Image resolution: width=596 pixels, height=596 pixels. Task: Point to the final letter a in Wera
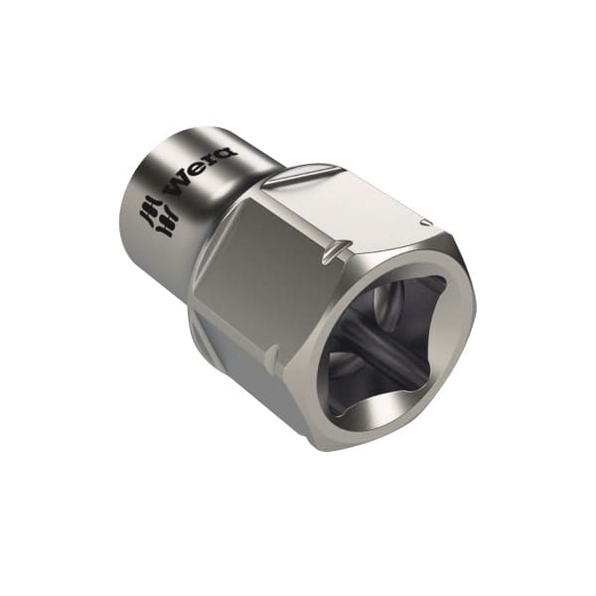click(227, 152)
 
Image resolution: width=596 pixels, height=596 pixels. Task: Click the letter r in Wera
click(215, 160)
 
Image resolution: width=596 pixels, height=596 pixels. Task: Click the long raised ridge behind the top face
click(300, 176)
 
